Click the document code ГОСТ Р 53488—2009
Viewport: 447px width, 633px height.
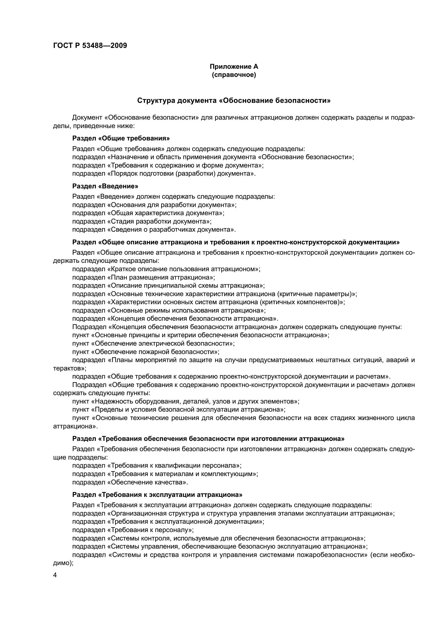[x=90, y=45]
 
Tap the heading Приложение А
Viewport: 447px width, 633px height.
[x=234, y=67]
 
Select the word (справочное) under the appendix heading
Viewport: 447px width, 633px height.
[x=234, y=75]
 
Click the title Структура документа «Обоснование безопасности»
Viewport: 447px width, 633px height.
[x=234, y=101]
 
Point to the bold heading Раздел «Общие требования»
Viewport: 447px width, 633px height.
[x=121, y=138]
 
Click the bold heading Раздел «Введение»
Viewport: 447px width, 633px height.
[x=105, y=186]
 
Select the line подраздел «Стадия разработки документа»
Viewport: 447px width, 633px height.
[x=142, y=221]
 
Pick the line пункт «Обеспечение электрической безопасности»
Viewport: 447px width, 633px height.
[x=153, y=343]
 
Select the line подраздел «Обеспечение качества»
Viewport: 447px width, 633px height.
[x=130, y=482]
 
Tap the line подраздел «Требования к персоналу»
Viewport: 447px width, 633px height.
[x=133, y=530]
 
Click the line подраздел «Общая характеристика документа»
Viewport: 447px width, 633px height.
[x=148, y=213]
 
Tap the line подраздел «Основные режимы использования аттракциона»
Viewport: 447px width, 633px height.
[x=169, y=310]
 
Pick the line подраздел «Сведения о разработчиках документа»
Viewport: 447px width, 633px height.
[x=154, y=230]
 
